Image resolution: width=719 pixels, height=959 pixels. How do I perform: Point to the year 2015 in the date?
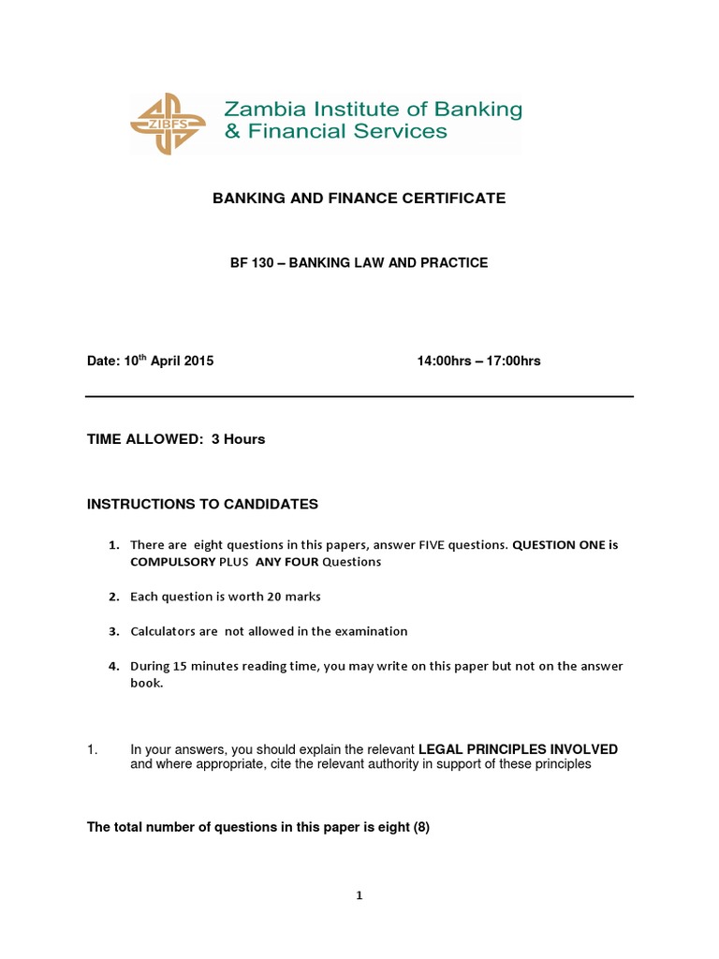(x=198, y=361)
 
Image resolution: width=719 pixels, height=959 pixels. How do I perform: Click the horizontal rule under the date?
(x=359, y=396)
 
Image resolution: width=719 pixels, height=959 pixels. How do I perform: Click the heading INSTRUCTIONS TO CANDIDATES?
(x=202, y=504)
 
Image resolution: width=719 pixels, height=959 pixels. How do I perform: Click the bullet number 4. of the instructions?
(x=113, y=666)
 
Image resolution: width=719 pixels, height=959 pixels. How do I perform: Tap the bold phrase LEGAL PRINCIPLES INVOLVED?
(x=518, y=749)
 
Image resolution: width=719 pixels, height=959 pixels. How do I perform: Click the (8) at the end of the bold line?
(x=421, y=827)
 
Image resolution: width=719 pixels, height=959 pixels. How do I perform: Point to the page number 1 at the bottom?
(x=359, y=895)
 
